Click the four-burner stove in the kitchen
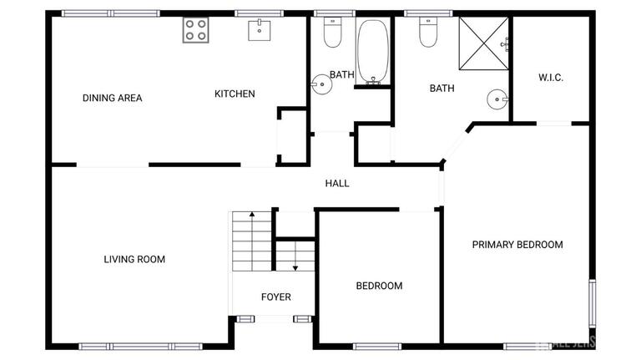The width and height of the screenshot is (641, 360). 195,30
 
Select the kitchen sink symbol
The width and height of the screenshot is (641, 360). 260,31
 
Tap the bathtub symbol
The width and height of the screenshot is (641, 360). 372,52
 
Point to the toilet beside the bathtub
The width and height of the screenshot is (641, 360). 332,34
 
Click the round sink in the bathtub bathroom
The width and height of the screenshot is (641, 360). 320,83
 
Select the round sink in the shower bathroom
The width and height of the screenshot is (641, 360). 497,101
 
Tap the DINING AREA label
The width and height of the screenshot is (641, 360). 112,98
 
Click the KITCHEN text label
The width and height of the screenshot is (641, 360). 235,94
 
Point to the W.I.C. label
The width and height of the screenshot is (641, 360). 551,78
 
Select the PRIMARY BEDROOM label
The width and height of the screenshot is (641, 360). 517,245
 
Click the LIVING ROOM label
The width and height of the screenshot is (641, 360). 134,259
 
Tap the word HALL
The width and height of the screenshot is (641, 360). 337,184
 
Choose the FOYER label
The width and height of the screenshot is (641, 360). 275,297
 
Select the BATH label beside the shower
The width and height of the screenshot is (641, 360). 442,88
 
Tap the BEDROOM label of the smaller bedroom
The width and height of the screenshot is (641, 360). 379,286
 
